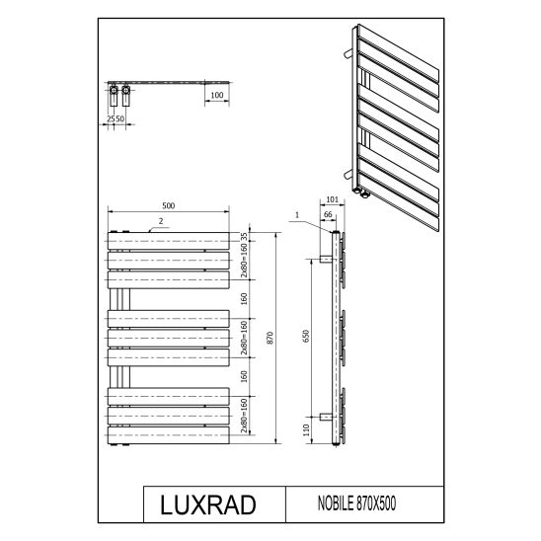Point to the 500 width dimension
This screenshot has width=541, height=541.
[x=169, y=205]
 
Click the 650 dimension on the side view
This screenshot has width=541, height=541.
[x=306, y=336]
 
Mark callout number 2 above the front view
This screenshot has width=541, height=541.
[x=158, y=221]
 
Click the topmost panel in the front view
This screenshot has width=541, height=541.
[x=168, y=240]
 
